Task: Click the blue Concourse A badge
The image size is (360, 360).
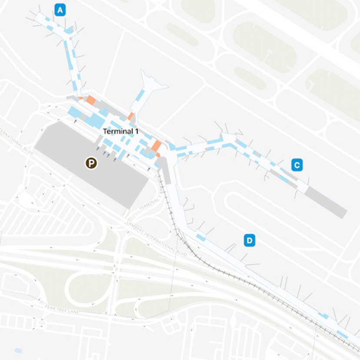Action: click(60, 9)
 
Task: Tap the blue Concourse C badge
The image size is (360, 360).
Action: click(297, 165)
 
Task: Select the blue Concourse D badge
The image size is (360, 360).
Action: click(249, 240)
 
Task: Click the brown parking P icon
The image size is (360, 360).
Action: click(91, 163)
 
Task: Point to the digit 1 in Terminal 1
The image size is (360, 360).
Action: click(136, 131)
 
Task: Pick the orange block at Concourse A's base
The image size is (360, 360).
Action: click(90, 100)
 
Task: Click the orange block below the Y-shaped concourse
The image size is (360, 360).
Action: click(130, 116)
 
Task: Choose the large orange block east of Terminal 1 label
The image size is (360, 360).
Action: click(156, 147)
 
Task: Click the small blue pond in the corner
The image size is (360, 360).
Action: click(18, 350)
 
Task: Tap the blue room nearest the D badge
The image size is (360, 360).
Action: click(200, 237)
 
